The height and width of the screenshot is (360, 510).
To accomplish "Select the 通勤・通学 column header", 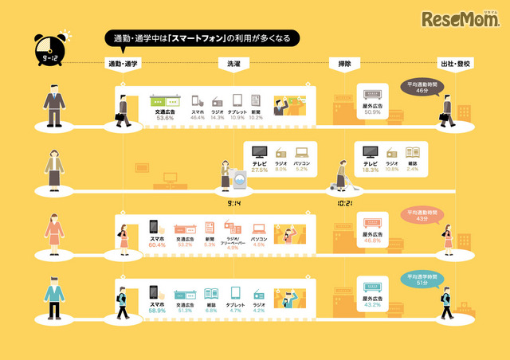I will click(124, 63).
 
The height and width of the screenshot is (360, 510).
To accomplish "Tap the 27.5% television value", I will click(259, 170).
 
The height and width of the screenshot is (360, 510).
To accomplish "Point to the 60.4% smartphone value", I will click(156, 245).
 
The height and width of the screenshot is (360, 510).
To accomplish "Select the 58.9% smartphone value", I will click(156, 310).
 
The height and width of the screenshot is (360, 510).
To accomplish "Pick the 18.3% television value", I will click(370, 170).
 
